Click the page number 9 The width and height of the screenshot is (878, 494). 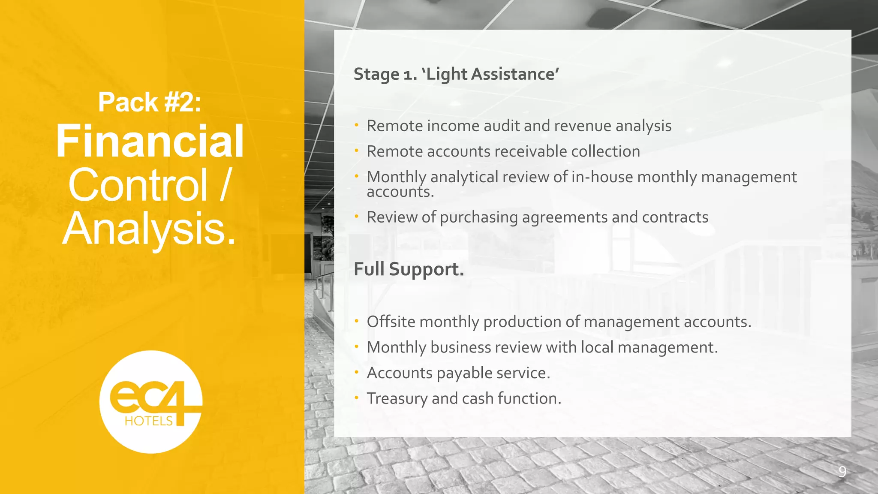click(842, 472)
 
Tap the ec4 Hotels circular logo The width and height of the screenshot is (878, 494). click(150, 402)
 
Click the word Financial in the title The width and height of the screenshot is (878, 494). click(150, 141)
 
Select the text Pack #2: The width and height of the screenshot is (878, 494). click(150, 102)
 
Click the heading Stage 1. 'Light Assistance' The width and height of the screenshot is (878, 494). click(456, 74)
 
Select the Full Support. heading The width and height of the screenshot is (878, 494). click(409, 269)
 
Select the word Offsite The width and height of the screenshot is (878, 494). click(391, 322)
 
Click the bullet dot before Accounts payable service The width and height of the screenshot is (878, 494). click(356, 372)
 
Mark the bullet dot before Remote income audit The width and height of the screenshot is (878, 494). click(356, 125)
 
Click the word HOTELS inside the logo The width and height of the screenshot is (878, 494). click(148, 421)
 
